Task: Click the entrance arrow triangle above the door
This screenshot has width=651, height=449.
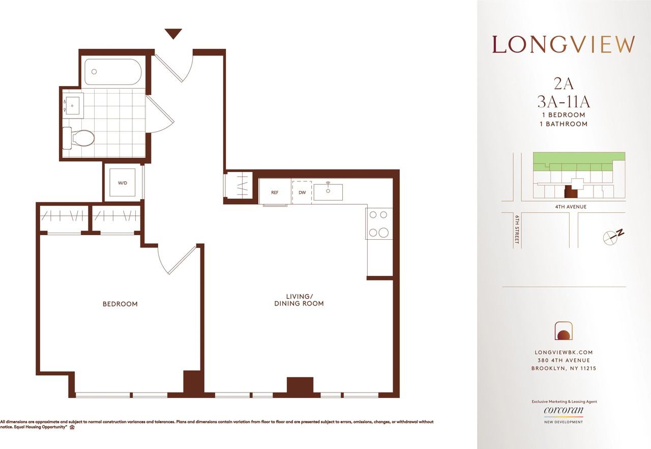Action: click(x=173, y=34)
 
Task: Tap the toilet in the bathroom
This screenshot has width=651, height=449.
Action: click(x=78, y=138)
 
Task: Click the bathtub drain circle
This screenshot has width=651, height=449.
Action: click(x=94, y=72)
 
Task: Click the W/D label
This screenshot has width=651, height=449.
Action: click(x=123, y=183)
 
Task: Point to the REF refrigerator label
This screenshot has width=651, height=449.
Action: click(x=275, y=192)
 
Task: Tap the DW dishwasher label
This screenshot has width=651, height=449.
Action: click(x=302, y=192)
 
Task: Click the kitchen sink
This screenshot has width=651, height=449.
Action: click(x=328, y=192)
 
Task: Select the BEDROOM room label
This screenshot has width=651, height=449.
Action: click(x=120, y=304)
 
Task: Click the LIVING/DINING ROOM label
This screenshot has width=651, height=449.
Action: click(x=299, y=300)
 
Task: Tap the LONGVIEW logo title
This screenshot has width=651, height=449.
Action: click(x=563, y=44)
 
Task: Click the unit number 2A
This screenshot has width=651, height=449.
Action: click(x=564, y=84)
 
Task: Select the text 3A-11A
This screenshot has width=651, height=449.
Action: click(x=564, y=102)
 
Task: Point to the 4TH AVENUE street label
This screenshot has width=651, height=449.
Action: click(x=571, y=207)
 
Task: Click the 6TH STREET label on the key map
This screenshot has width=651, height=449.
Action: click(x=517, y=230)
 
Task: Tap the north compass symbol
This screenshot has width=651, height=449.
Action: click(x=613, y=236)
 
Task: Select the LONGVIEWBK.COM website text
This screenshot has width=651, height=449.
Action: click(x=564, y=352)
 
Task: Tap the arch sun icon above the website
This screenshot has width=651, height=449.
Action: click(x=564, y=331)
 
